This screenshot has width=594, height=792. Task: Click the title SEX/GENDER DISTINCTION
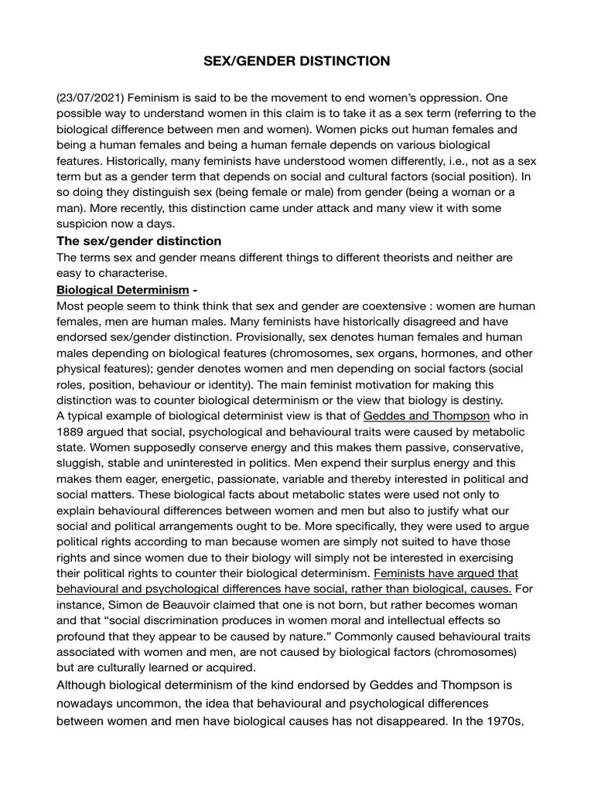(297, 60)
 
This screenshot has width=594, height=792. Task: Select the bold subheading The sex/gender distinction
(139, 241)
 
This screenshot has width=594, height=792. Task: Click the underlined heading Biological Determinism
(122, 290)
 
